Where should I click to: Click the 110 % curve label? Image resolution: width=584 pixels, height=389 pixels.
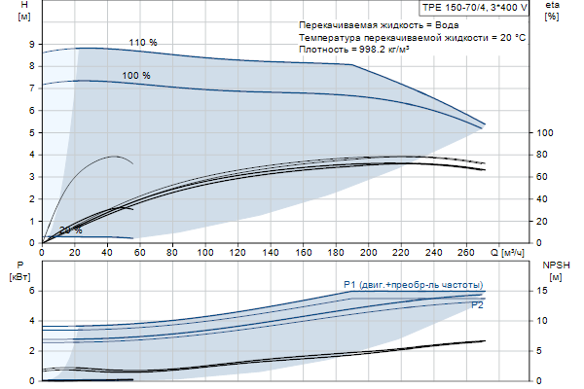pyautogui.click(x=143, y=42)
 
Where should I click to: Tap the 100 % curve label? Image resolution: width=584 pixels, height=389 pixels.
pyautogui.click(x=136, y=75)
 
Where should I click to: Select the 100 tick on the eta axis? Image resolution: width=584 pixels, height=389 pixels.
pyautogui.click(x=545, y=132)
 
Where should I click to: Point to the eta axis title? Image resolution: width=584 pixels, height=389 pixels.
pyautogui.click(x=552, y=11)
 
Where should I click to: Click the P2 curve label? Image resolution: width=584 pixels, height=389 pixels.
pyautogui.click(x=477, y=305)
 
